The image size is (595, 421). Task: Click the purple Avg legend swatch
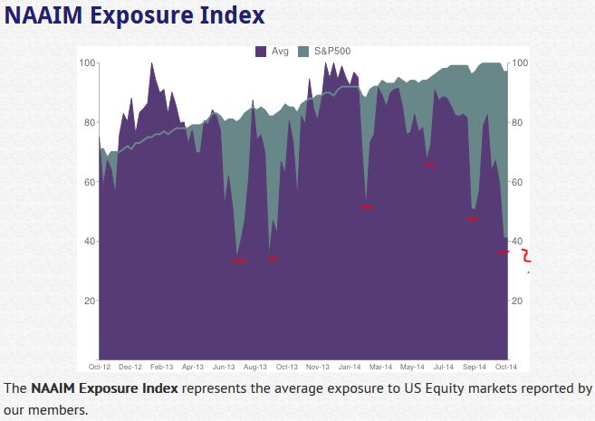[262, 52]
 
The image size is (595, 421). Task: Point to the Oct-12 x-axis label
[100, 367]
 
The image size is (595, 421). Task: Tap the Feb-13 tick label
[161, 367]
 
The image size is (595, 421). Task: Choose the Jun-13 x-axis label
[224, 367]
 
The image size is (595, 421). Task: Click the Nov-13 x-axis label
[317, 367]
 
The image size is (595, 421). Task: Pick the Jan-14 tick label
[349, 367]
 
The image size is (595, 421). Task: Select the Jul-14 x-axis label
[443, 367]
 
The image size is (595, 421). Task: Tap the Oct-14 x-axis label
[505, 367]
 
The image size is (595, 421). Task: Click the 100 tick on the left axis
[87, 62]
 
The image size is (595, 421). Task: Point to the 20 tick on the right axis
[518, 301]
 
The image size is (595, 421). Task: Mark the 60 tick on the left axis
[90, 182]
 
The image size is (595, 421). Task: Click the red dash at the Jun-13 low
[239, 261]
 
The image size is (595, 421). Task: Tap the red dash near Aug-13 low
[273, 259]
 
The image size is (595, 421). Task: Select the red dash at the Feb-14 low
[367, 207]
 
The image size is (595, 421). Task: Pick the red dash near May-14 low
[429, 165]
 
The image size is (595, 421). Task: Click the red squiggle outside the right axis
[525, 257]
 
